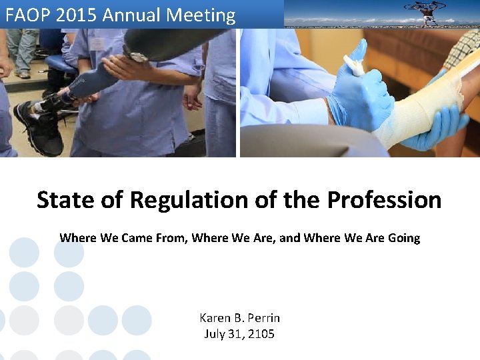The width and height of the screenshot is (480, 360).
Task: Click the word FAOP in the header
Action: click(25, 15)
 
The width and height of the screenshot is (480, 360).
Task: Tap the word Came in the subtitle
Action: click(138, 238)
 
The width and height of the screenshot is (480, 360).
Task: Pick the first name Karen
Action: click(215, 318)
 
